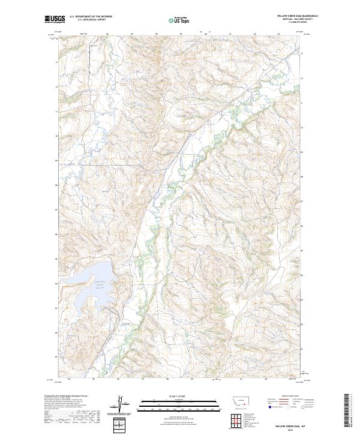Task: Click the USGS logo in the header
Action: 55,19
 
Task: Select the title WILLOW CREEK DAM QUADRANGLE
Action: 298,16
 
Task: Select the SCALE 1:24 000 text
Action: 173,395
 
